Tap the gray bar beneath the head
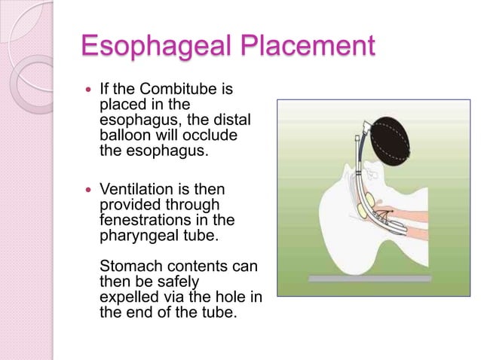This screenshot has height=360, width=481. [x=369, y=278]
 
